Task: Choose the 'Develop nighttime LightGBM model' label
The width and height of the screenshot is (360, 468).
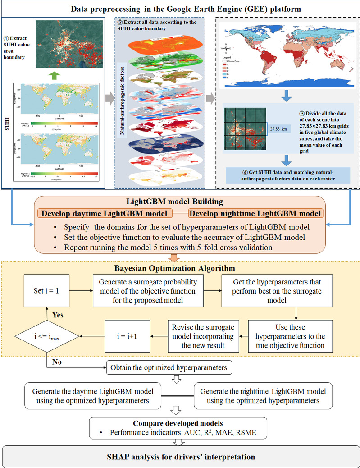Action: pyautogui.click(x=255, y=213)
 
